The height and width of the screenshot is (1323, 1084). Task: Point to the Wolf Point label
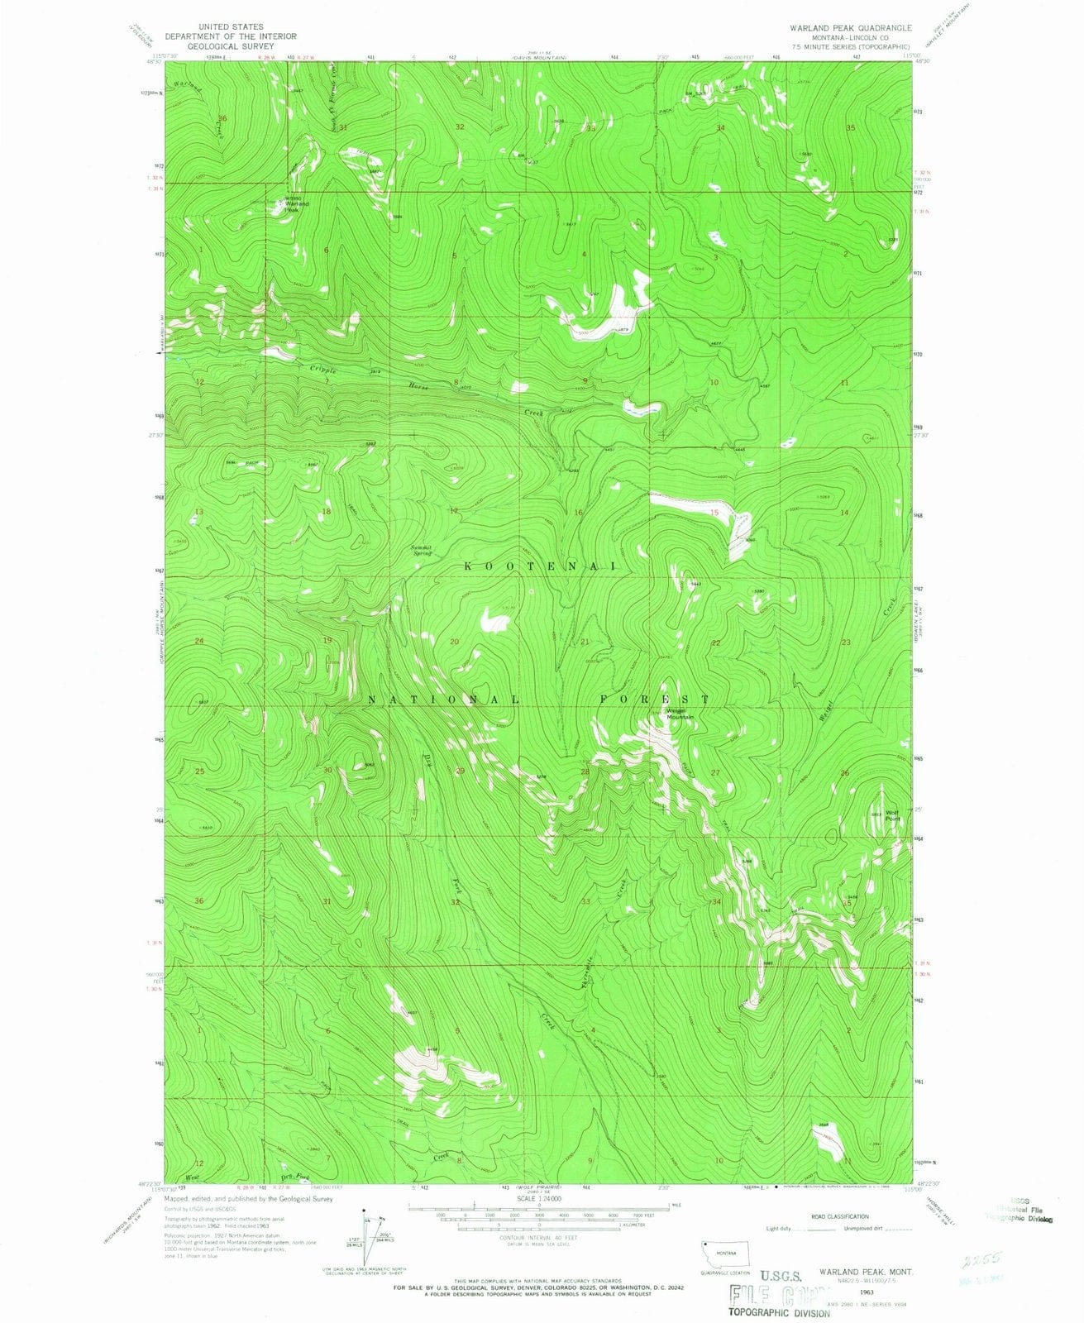coord(892,814)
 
